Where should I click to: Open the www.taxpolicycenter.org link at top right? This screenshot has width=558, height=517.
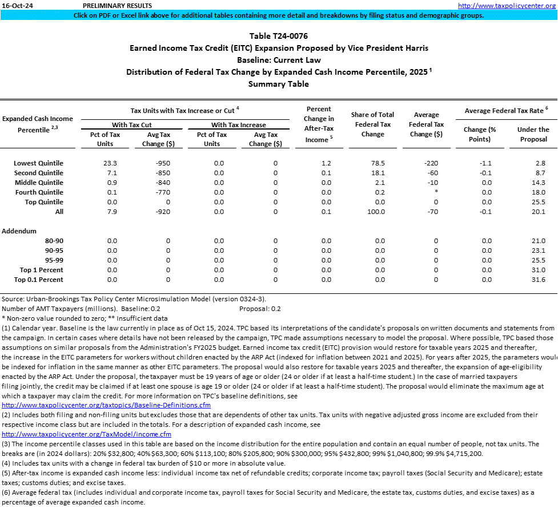tap(507, 6)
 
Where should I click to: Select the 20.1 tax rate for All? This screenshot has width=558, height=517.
tap(539, 212)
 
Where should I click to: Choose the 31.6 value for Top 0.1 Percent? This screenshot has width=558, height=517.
tap(539, 280)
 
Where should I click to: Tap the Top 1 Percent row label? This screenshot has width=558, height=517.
tap(42, 270)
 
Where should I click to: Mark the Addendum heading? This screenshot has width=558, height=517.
tap(19, 231)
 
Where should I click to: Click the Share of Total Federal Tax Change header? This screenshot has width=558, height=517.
tap(372, 124)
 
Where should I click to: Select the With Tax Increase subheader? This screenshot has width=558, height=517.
tap(239, 125)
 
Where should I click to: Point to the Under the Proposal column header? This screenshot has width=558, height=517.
tap(533, 134)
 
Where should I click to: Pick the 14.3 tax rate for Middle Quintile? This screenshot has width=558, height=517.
tap(539, 183)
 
